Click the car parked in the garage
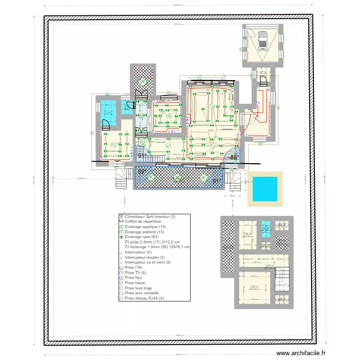(x=263, y=40)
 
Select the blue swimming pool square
(x=264, y=189)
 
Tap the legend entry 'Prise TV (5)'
(x=136, y=272)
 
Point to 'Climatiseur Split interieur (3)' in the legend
(x=150, y=216)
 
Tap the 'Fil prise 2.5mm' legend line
(x=151, y=242)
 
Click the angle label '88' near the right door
(x=233, y=157)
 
